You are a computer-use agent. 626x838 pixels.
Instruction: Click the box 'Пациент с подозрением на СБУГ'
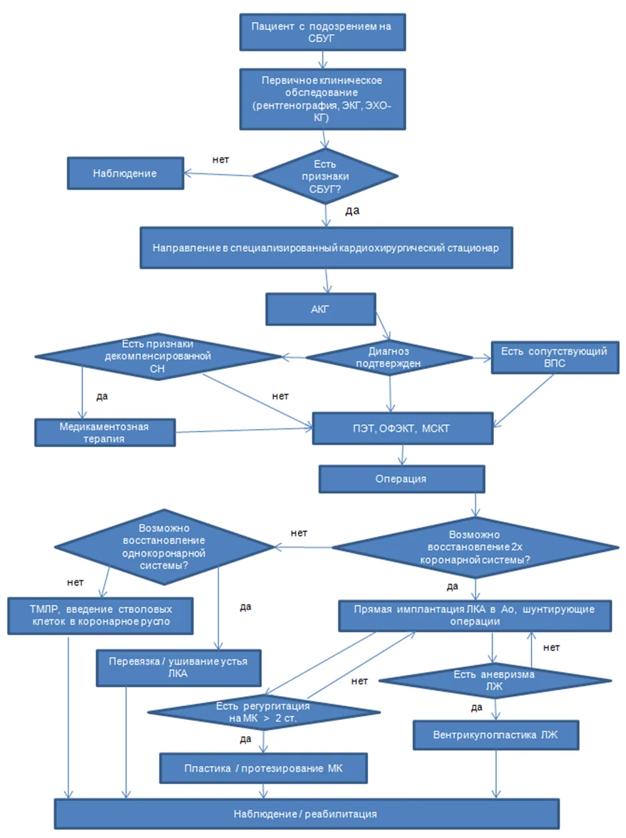(x=322, y=32)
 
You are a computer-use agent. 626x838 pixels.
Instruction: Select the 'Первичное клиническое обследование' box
(x=322, y=99)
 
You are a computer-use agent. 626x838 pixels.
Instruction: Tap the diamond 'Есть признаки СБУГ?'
(x=326, y=176)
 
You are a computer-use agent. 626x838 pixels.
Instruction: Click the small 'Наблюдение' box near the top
(x=125, y=173)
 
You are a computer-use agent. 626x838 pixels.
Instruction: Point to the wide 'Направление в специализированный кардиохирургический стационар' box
(x=326, y=248)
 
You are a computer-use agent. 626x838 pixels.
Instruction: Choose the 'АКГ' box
(x=321, y=309)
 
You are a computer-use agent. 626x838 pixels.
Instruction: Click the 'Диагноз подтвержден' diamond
(x=389, y=357)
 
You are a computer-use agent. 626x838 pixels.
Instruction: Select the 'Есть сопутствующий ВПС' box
(x=555, y=357)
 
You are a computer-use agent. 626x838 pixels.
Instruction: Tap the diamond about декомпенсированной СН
(x=158, y=356)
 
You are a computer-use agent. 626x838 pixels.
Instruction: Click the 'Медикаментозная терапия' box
(x=105, y=432)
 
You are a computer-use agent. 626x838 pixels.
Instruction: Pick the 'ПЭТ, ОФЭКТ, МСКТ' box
(x=403, y=428)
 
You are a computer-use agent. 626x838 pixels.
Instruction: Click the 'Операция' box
(x=402, y=479)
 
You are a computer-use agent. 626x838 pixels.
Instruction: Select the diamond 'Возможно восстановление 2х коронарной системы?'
(x=475, y=547)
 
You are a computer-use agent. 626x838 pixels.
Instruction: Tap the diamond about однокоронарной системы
(x=165, y=547)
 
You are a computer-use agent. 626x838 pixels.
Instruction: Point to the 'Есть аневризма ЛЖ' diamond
(x=495, y=680)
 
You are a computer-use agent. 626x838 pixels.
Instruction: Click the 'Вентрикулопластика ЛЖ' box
(x=496, y=735)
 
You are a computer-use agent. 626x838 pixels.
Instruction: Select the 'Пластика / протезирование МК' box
(x=264, y=768)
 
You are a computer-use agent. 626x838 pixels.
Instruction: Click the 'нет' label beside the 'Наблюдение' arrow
(x=220, y=159)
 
